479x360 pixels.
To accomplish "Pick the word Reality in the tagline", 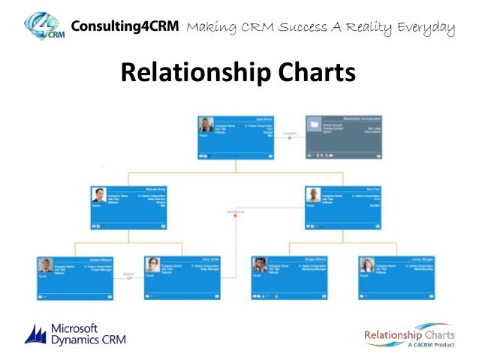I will pyautogui.click(x=365, y=29).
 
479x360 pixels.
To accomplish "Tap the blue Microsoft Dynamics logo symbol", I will pyautogui.click(x=36, y=334).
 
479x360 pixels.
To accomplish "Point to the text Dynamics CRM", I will pyautogui.click(x=89, y=340).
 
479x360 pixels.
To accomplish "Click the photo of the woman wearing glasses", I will pyautogui.click(x=152, y=265).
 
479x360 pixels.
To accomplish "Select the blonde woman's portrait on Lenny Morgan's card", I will pyautogui.click(x=366, y=265).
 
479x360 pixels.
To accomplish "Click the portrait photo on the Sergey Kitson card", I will pyautogui.click(x=259, y=265).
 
